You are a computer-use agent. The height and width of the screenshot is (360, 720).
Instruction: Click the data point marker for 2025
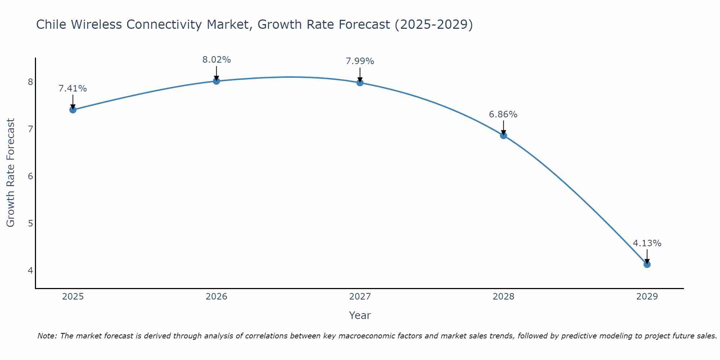(x=73, y=110)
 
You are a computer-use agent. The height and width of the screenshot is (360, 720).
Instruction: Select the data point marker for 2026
(x=216, y=81)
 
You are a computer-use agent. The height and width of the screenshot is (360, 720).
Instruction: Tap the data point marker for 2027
(x=360, y=83)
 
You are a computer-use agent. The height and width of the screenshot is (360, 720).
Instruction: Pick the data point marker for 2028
(x=503, y=135)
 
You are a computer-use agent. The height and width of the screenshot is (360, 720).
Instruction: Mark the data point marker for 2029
(x=647, y=265)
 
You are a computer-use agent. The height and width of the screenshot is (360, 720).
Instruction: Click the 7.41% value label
(x=73, y=89)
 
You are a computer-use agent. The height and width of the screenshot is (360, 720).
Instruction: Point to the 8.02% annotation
(x=216, y=60)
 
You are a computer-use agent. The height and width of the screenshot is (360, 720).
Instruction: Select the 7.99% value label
(x=360, y=61)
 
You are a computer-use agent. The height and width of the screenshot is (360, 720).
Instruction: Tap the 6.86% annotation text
(x=503, y=114)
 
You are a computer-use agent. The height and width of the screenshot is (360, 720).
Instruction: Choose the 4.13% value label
(x=647, y=243)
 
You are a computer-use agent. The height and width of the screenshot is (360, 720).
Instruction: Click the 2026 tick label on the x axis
(x=216, y=297)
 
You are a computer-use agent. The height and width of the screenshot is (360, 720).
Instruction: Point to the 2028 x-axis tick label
(x=503, y=297)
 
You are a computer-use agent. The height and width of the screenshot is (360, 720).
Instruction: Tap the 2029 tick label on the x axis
(x=647, y=297)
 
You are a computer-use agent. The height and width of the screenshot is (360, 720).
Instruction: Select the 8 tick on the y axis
(x=30, y=82)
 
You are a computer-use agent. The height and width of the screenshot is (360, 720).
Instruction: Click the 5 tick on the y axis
(x=30, y=223)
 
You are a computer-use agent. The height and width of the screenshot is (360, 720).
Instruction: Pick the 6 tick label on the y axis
(x=30, y=176)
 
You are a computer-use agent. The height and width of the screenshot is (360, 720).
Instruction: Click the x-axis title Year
(x=360, y=315)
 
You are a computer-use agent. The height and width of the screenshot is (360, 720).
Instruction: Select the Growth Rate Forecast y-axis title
(x=10, y=173)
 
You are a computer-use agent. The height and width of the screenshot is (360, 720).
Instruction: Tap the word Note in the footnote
(x=47, y=336)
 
